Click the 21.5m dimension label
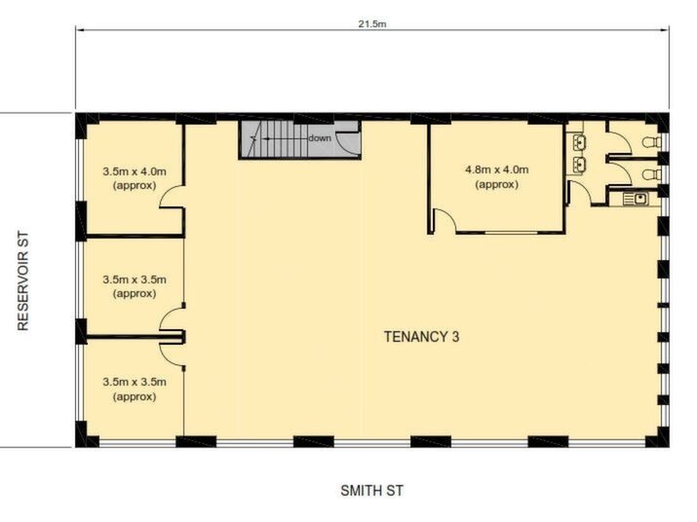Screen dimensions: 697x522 click(x=372, y=24)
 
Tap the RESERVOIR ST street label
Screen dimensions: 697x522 click(x=23, y=281)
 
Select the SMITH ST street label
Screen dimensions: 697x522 click(x=372, y=491)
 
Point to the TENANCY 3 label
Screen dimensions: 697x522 click(x=421, y=337)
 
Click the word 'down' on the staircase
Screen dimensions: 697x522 click(x=320, y=138)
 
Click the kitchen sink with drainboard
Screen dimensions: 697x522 click(x=636, y=199)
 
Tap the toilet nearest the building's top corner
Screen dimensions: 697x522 click(x=651, y=142)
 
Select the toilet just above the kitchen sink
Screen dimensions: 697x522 click(x=651, y=173)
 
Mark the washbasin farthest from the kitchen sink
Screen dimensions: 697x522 click(x=579, y=142)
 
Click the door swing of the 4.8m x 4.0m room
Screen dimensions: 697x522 click(x=445, y=221)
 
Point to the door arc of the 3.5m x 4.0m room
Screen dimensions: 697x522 click(x=172, y=197)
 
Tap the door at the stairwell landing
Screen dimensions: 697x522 click(x=348, y=143)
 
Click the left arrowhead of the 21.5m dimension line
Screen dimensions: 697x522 click(x=79, y=30)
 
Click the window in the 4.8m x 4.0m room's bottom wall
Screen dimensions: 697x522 click(x=511, y=233)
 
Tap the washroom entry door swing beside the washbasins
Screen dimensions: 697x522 click(x=579, y=193)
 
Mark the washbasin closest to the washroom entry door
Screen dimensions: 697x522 click(x=579, y=165)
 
